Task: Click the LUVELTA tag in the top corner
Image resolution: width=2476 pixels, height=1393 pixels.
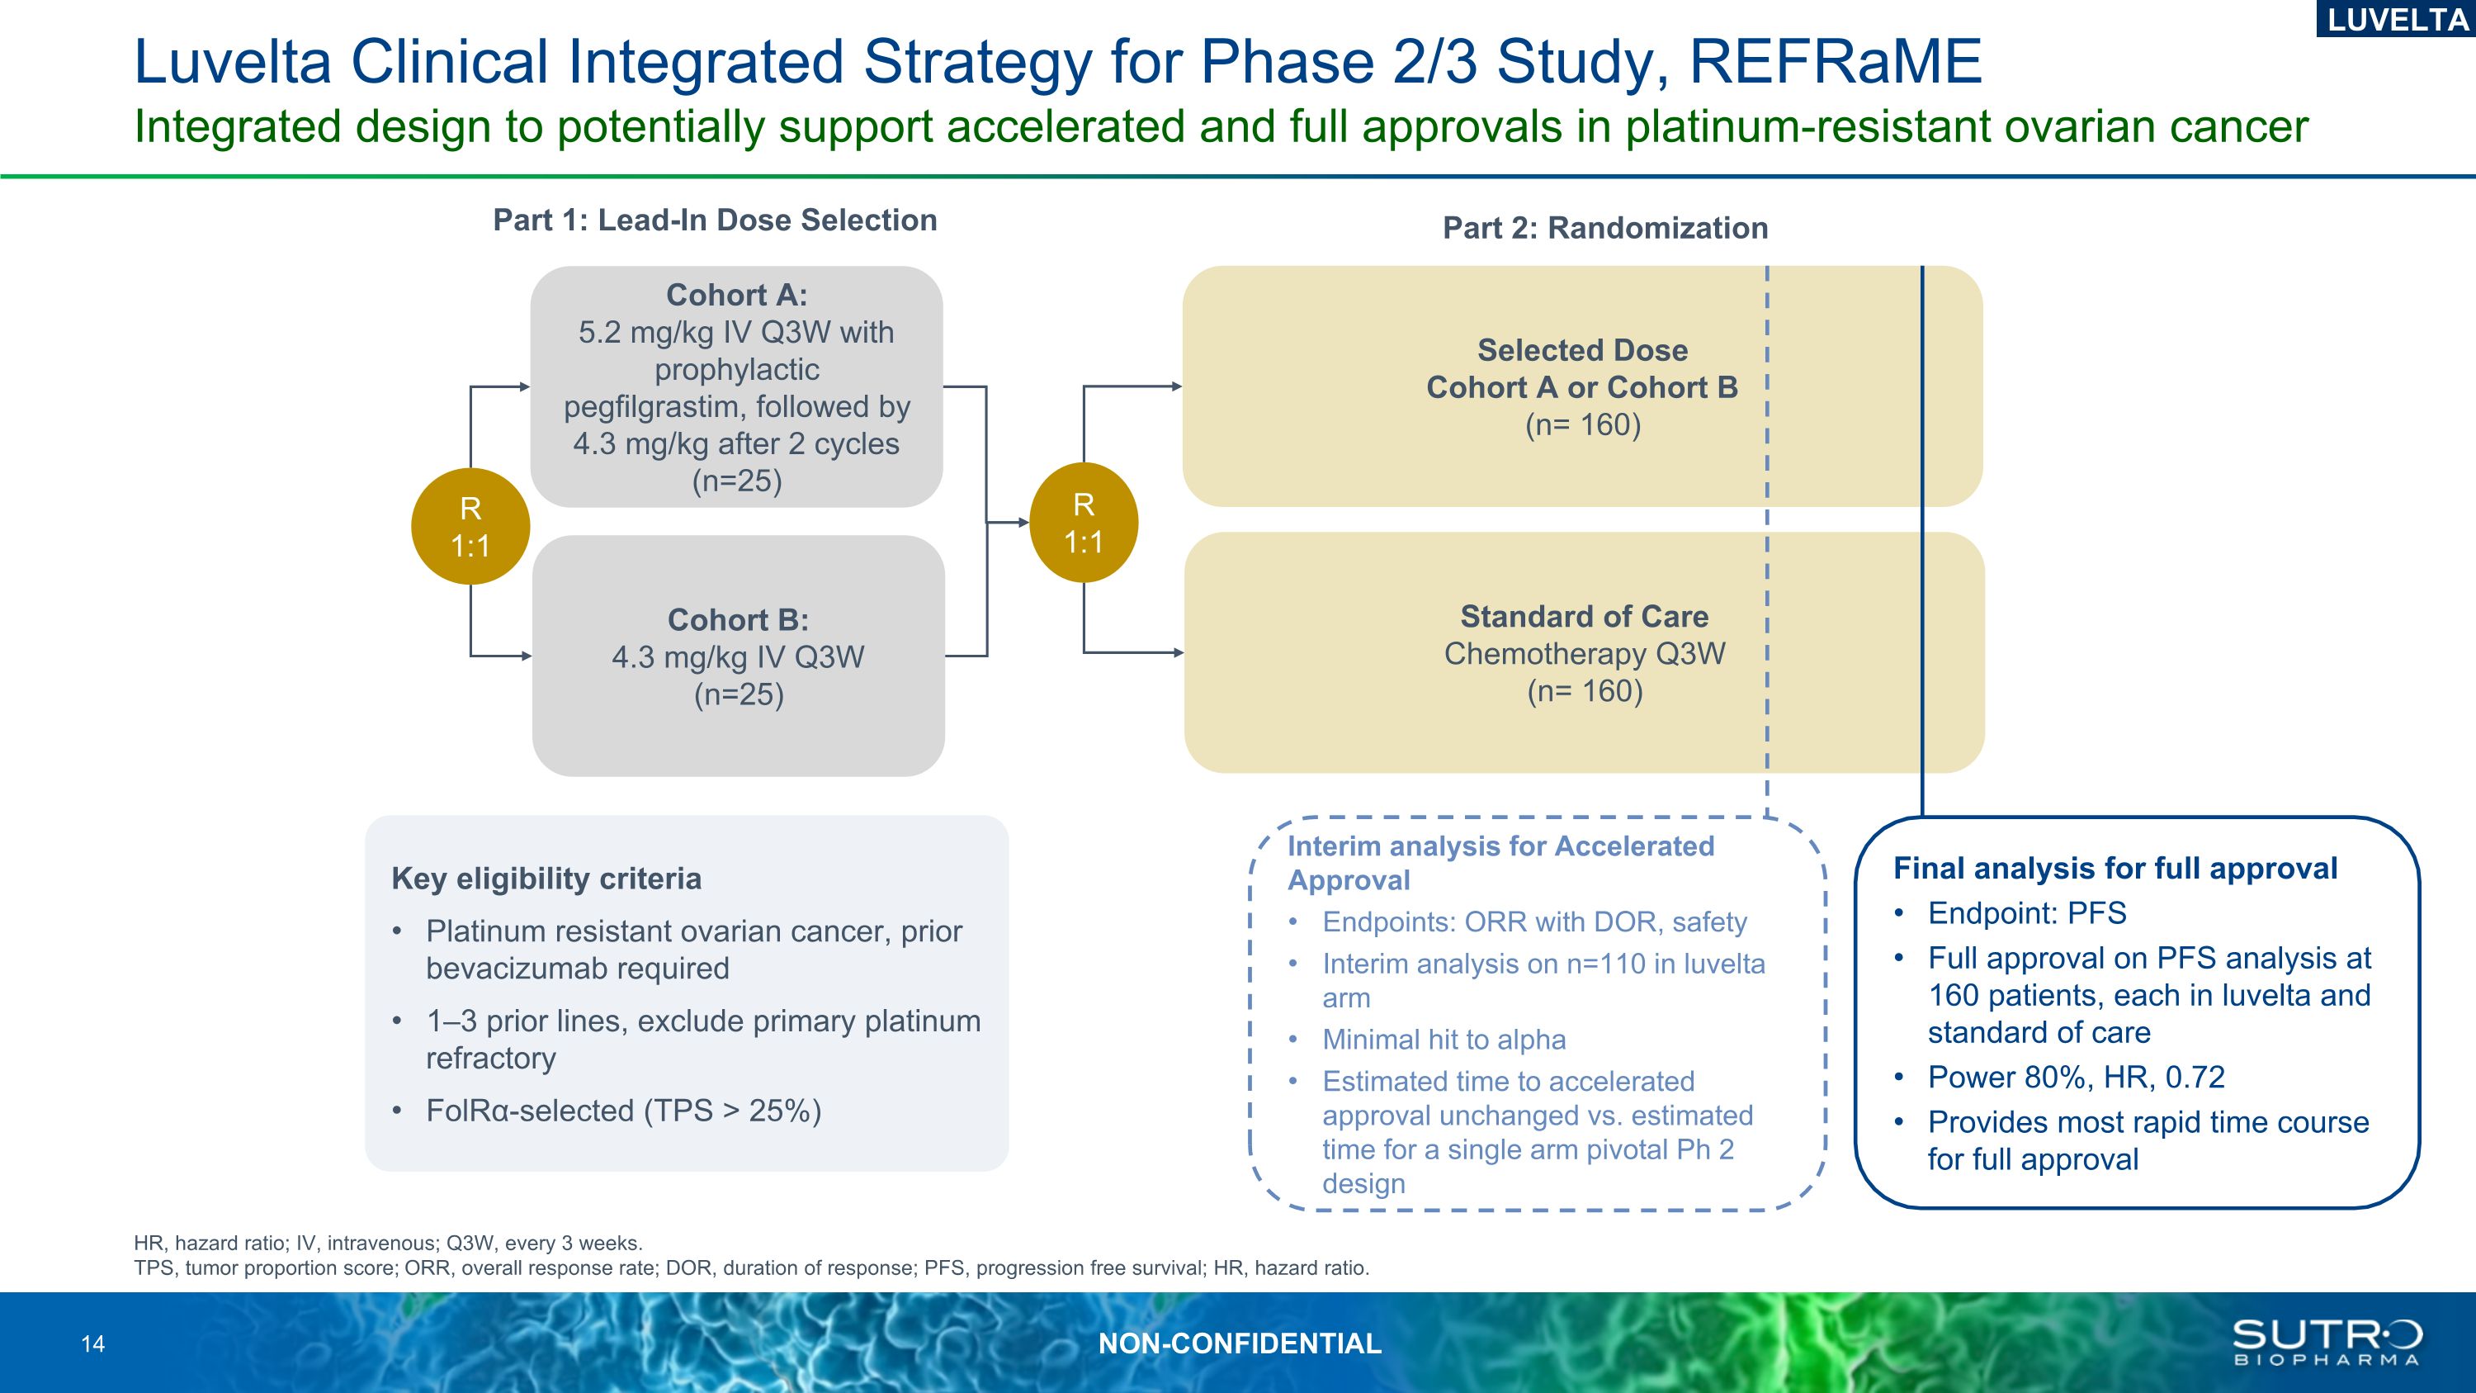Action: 2396,19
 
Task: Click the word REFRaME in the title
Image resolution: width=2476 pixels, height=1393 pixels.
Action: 1835,63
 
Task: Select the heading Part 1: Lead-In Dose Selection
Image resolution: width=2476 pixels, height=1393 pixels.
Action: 714,220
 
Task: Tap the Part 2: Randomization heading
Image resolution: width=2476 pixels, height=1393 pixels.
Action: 1605,228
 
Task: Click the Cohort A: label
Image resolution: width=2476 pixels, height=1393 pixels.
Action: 736,295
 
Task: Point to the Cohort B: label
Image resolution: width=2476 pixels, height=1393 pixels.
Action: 738,620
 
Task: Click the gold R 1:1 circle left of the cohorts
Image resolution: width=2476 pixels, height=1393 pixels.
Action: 470,527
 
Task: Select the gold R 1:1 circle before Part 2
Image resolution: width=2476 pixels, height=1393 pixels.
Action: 1083,523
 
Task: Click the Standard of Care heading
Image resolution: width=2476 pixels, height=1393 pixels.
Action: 1584,616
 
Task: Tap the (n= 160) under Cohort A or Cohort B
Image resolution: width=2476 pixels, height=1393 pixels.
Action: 1583,425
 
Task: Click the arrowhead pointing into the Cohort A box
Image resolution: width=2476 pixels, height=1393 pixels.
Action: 524,386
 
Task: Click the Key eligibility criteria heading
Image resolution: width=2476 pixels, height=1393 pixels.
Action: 546,879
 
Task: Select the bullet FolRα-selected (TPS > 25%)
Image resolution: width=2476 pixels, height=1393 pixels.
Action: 623,1111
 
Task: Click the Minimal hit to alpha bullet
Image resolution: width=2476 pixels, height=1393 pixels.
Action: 1444,1040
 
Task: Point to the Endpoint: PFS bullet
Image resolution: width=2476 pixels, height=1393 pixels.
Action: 2026,913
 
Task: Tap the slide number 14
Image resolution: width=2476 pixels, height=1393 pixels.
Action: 93,1344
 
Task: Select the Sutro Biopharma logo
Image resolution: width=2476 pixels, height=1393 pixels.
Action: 2326,1342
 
